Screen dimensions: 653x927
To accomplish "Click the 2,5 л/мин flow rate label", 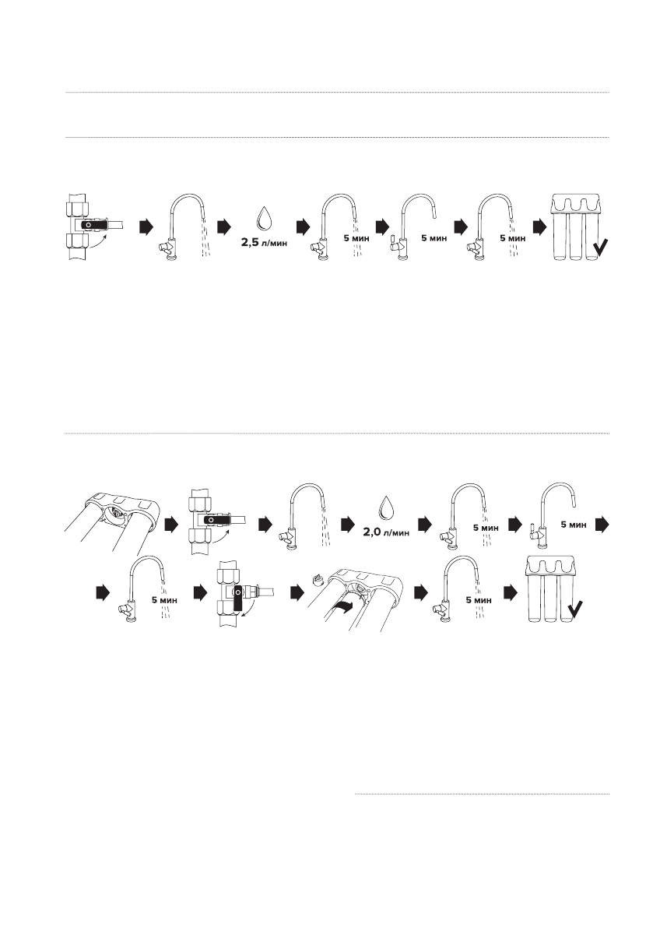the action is [264, 243].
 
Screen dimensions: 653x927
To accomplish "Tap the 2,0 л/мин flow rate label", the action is [386, 532].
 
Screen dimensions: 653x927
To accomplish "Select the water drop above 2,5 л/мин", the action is [264, 218].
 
